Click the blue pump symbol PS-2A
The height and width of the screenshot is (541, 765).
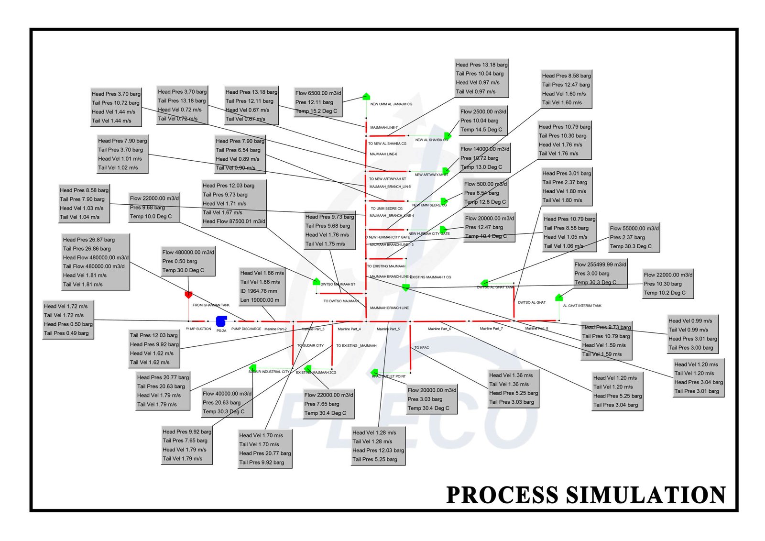(221, 321)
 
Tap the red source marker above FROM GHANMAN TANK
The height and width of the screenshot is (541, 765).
(188, 295)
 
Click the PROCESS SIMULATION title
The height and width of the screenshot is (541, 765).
(586, 495)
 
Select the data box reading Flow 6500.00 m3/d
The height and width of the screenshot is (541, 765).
(318, 102)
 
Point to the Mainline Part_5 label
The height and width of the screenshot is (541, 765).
(388, 329)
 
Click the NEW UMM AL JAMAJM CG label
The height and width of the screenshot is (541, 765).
(391, 104)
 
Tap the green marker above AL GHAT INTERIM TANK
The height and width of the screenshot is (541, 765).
(558, 298)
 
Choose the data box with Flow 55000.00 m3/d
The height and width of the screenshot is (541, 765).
(634, 237)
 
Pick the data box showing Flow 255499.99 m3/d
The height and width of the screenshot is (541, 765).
(600, 273)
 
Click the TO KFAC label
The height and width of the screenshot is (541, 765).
(421, 348)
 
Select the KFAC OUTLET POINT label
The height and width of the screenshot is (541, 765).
(389, 376)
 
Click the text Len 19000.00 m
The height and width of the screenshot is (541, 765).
(260, 300)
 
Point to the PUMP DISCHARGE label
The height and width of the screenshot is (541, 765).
(246, 329)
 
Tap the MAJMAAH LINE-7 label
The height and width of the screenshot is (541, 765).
(383, 128)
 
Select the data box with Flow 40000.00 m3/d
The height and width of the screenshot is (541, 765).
(227, 402)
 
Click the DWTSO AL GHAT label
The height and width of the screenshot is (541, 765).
(532, 302)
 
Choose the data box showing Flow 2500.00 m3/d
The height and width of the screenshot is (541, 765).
(483, 121)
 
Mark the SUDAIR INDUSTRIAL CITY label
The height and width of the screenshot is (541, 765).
(269, 372)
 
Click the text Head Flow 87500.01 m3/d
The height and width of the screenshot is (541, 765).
(234, 221)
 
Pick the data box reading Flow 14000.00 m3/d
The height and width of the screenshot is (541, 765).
(485, 158)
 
